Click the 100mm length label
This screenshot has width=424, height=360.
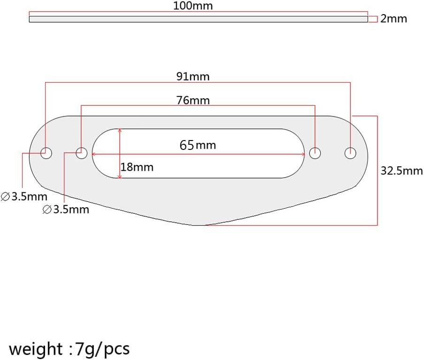(193, 6)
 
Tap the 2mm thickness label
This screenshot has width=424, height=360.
(393, 19)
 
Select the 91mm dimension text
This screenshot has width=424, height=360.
(193, 77)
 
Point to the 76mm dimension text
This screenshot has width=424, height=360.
(193, 101)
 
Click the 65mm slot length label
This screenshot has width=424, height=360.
(198, 145)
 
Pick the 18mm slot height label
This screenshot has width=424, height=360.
(137, 167)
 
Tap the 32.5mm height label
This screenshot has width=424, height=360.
(401, 171)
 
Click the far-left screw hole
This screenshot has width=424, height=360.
(46, 153)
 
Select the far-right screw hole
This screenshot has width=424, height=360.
(350, 153)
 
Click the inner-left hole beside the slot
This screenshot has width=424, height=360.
(81, 153)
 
